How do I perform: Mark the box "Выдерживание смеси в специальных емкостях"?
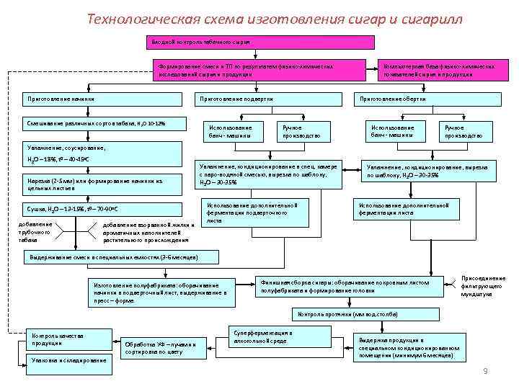(x=110, y=257)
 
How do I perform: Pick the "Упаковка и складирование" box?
(x=68, y=360)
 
